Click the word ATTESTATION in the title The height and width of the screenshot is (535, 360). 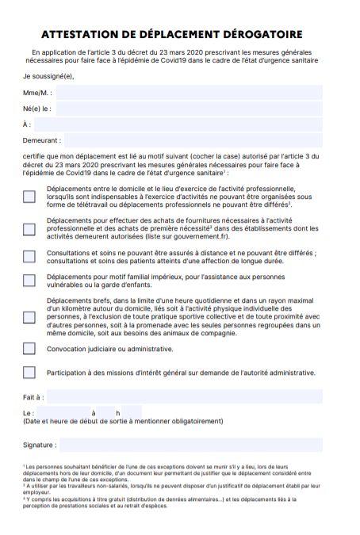82,35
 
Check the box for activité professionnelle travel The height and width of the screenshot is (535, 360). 29,197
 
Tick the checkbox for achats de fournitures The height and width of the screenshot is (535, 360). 29,229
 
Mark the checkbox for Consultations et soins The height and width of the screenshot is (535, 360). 29,256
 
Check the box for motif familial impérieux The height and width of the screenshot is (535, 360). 29,280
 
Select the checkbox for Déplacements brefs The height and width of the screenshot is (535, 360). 29,317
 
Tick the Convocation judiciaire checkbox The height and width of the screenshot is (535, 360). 29,348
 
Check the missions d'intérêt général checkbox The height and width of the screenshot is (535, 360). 29,372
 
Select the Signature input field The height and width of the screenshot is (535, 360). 191,445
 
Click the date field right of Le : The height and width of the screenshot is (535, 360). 63,413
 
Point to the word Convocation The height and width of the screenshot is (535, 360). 68,348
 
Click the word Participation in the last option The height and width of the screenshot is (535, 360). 70,372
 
